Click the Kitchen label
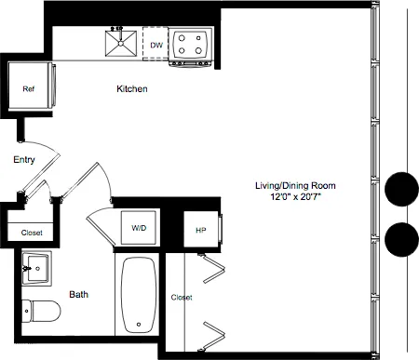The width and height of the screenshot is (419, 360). pyautogui.click(x=132, y=89)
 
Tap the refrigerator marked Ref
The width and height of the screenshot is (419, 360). pyautogui.click(x=30, y=89)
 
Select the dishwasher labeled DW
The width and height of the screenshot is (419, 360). pyautogui.click(x=155, y=43)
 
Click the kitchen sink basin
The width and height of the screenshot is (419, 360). pyautogui.click(x=119, y=43)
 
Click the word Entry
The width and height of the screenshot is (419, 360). pyautogui.click(x=24, y=160)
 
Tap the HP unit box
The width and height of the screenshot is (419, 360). pyautogui.click(x=201, y=230)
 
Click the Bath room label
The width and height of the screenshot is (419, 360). pyautogui.click(x=78, y=295)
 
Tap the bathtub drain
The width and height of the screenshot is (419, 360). pyautogui.click(x=139, y=325)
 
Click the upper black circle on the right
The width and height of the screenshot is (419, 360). pyautogui.click(x=401, y=189)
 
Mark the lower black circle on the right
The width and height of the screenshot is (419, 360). pyautogui.click(x=401, y=239)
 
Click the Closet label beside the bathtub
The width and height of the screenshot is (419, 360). pyautogui.click(x=182, y=298)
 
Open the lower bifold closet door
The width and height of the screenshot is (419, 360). pyautogui.click(x=215, y=332)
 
